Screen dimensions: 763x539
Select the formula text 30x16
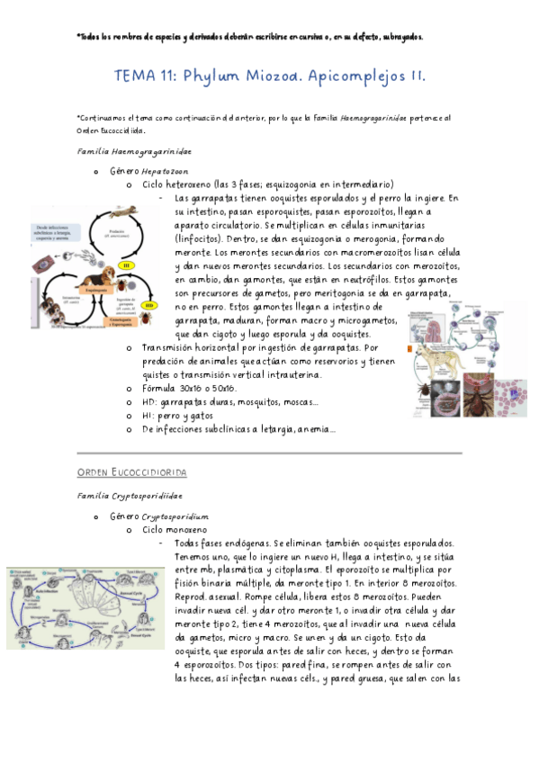[200, 387]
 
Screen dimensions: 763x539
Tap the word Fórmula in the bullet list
[161, 387]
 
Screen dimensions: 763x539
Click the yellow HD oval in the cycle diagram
[150, 305]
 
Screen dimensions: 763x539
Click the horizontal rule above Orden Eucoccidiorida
[269, 452]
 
